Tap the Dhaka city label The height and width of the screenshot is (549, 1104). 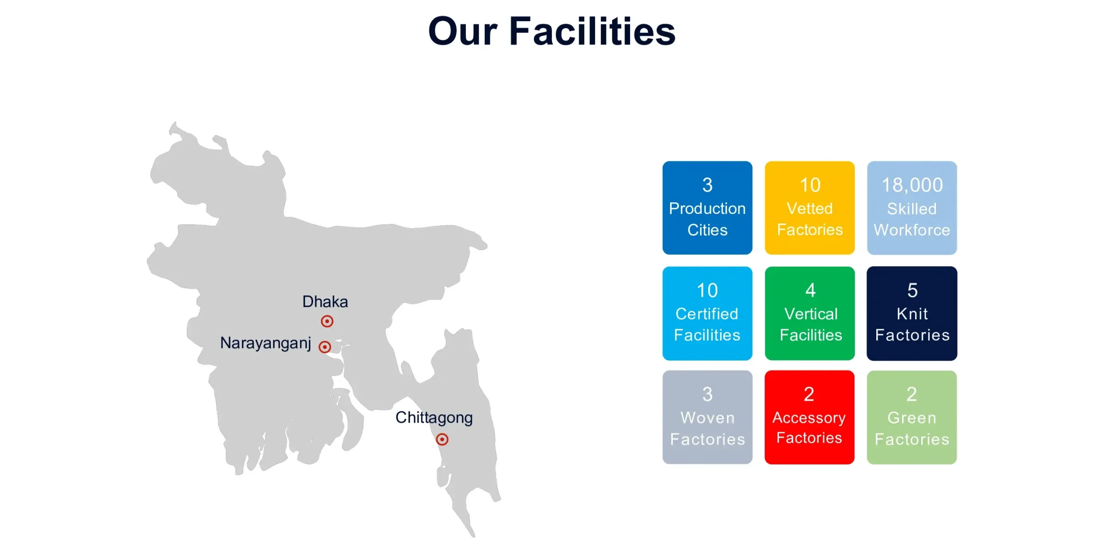coord(325,301)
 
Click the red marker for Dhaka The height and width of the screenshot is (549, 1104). coord(327,321)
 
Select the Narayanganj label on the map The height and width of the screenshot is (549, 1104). coord(266,343)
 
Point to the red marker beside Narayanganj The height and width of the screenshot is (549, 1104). coord(325,347)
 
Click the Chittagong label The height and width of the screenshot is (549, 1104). coord(434,417)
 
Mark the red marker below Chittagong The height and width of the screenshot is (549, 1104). coord(442,439)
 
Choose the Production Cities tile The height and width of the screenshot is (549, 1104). coord(707,208)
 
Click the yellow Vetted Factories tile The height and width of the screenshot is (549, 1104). coord(809,208)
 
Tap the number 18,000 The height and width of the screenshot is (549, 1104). coord(912,185)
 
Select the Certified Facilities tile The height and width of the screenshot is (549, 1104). coord(707,313)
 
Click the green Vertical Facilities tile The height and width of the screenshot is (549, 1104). coord(809,313)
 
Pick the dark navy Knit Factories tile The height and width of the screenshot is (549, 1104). coord(912,313)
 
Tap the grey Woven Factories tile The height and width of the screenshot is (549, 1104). coord(707,417)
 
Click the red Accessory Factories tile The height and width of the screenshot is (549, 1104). coord(809,417)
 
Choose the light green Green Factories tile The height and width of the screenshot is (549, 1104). coord(912,417)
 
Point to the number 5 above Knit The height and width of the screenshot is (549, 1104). coord(913,290)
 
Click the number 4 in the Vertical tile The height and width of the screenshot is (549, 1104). coord(810,290)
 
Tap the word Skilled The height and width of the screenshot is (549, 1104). coord(912,209)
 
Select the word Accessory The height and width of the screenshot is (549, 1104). coord(809,418)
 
